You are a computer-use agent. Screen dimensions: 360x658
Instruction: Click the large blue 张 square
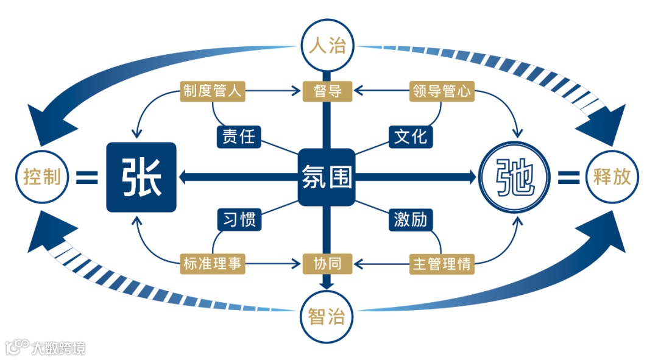141,177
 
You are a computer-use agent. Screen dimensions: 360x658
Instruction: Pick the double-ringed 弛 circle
515,177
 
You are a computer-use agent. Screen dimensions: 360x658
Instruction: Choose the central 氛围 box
327,177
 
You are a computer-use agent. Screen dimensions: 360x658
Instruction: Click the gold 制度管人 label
213,91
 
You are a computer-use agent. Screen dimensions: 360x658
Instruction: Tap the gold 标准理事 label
213,264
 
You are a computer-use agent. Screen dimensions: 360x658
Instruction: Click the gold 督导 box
327,91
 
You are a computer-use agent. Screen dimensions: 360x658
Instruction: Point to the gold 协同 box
327,264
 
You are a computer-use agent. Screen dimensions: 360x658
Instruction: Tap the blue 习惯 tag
239,219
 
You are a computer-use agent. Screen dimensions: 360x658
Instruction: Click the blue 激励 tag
411,219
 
